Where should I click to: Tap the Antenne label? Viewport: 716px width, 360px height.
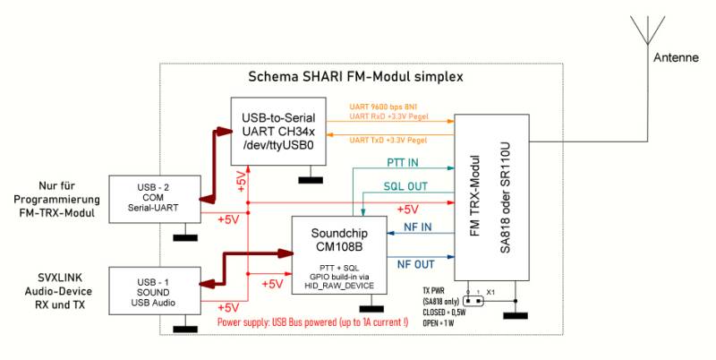[x=676, y=57]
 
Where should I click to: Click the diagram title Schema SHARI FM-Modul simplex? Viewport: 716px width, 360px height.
[x=354, y=78]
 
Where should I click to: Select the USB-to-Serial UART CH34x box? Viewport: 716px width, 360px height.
[x=277, y=133]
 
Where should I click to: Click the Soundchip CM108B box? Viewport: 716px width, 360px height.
[x=339, y=256]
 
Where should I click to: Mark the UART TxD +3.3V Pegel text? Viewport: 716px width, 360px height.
[x=388, y=141]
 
